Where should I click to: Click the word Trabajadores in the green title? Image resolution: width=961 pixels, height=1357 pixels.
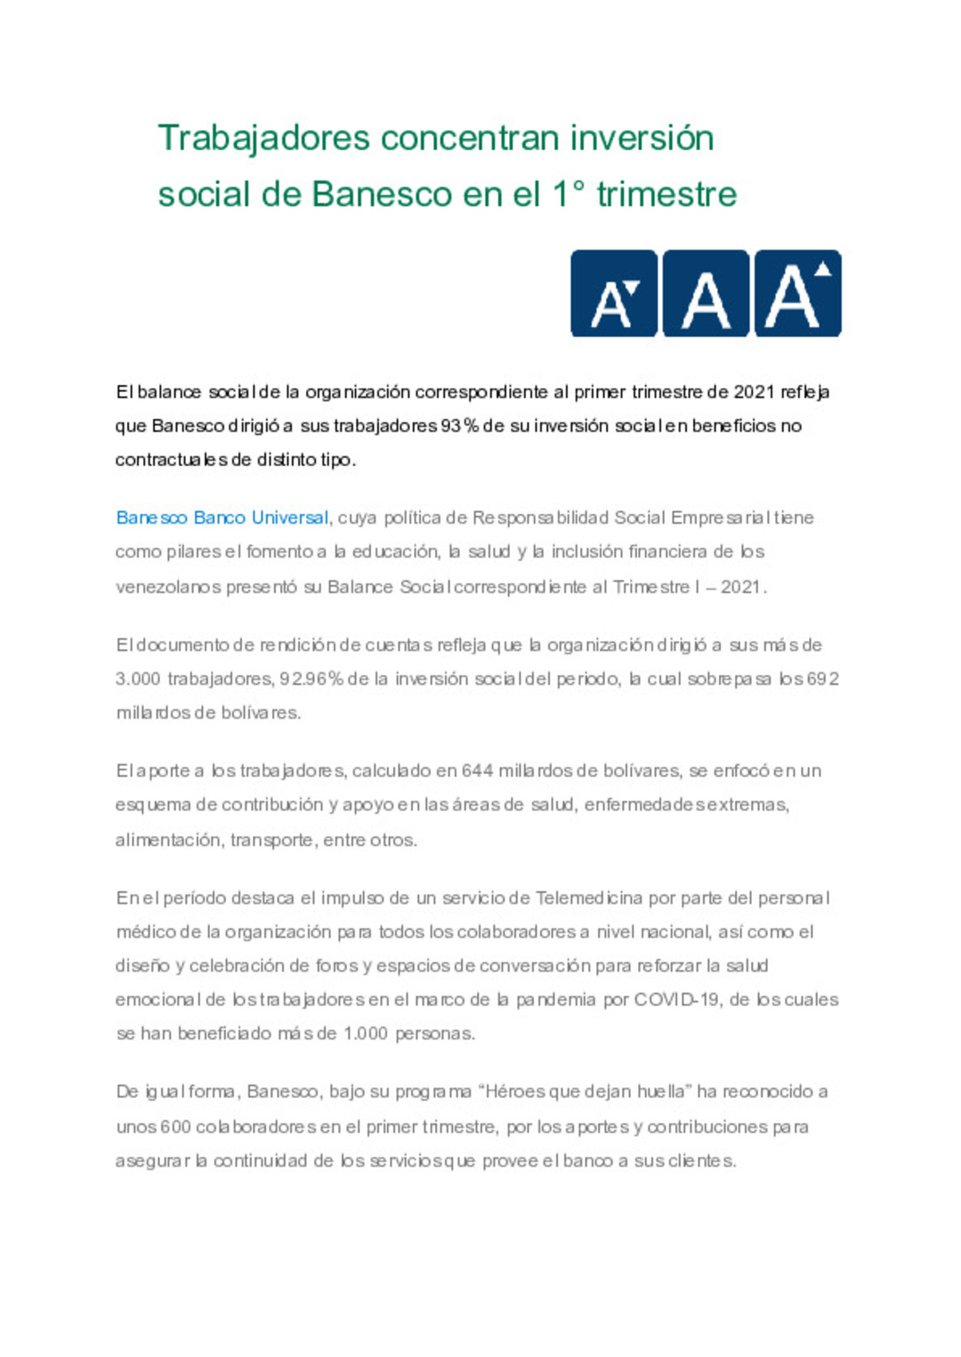pos(263,139)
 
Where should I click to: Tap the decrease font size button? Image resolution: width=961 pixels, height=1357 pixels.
pos(614,293)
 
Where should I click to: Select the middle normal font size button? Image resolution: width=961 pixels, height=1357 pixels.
pos(706,293)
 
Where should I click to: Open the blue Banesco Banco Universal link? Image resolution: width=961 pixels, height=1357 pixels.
pos(222,518)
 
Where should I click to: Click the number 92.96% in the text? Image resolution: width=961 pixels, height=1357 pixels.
pos(311,678)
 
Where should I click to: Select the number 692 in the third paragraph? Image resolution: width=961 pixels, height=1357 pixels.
pos(822,678)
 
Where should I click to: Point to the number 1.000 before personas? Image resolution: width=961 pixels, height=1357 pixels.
pos(365,1033)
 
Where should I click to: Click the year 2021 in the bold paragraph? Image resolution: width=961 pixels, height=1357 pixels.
pos(754,392)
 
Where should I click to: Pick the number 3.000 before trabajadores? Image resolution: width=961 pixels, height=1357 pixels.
pos(137,678)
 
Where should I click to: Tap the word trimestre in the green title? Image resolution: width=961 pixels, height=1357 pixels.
pos(666,195)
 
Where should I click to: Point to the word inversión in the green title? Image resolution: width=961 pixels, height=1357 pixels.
pos(642,139)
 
